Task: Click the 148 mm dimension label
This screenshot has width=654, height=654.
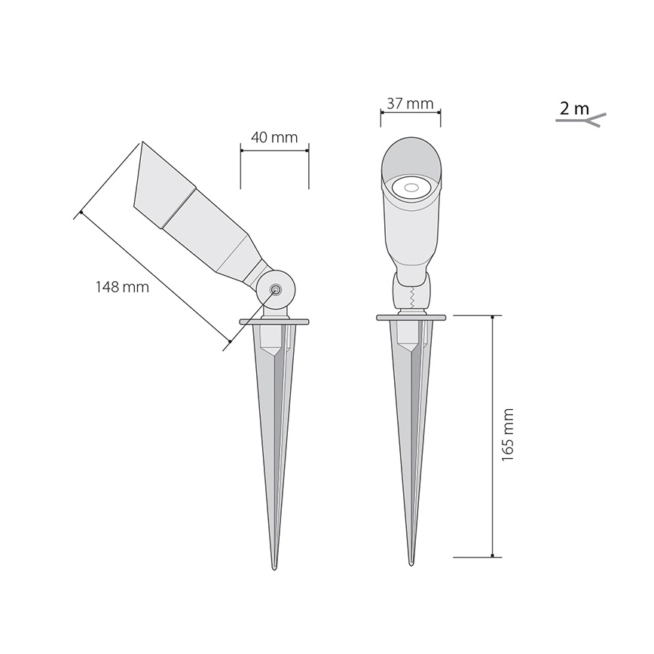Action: pyautogui.click(x=122, y=286)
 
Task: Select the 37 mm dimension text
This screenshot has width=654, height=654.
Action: pyautogui.click(x=410, y=104)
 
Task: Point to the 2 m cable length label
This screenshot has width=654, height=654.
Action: pyautogui.click(x=574, y=109)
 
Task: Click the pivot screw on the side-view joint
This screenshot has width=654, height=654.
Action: pyautogui.click(x=276, y=290)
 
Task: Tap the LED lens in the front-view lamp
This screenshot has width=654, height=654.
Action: pyautogui.click(x=411, y=185)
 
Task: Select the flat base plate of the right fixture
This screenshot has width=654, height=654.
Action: pyautogui.click(x=411, y=316)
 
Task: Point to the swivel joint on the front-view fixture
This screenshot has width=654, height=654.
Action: pyautogui.click(x=411, y=290)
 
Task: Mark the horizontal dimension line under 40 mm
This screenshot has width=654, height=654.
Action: pyautogui.click(x=274, y=151)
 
